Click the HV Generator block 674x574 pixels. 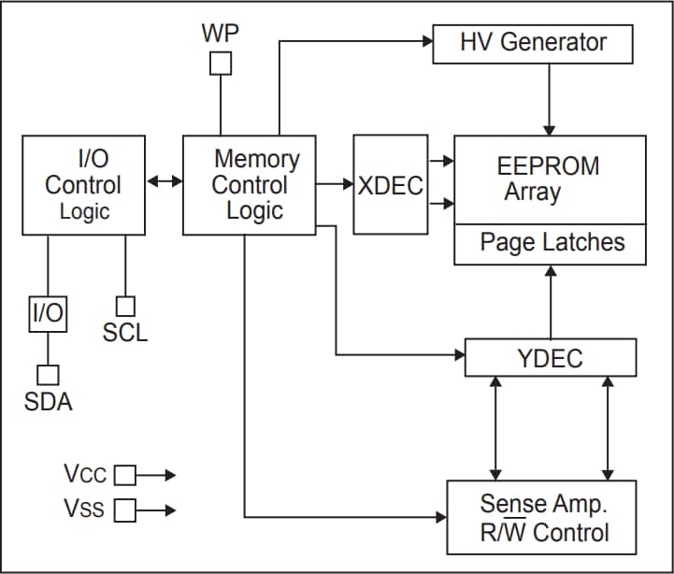tap(532, 43)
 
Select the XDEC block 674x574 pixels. tap(390, 184)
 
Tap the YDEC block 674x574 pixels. tap(550, 357)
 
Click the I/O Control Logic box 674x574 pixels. tap(84, 184)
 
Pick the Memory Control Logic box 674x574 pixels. tap(249, 184)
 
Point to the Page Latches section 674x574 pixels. tap(551, 243)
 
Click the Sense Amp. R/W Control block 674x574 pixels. tap(541, 519)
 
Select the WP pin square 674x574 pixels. tap(221, 63)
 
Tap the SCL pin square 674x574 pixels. tap(124, 306)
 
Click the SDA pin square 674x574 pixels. tap(48, 374)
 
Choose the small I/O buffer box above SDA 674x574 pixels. tap(48, 313)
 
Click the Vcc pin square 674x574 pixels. tap(124, 475)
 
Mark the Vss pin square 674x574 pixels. tap(124, 510)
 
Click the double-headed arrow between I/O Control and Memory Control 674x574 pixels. tap(165, 180)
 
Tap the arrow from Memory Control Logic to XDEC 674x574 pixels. tap(334, 184)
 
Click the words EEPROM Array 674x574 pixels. tap(547, 179)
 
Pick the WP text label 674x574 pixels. tap(221, 34)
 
